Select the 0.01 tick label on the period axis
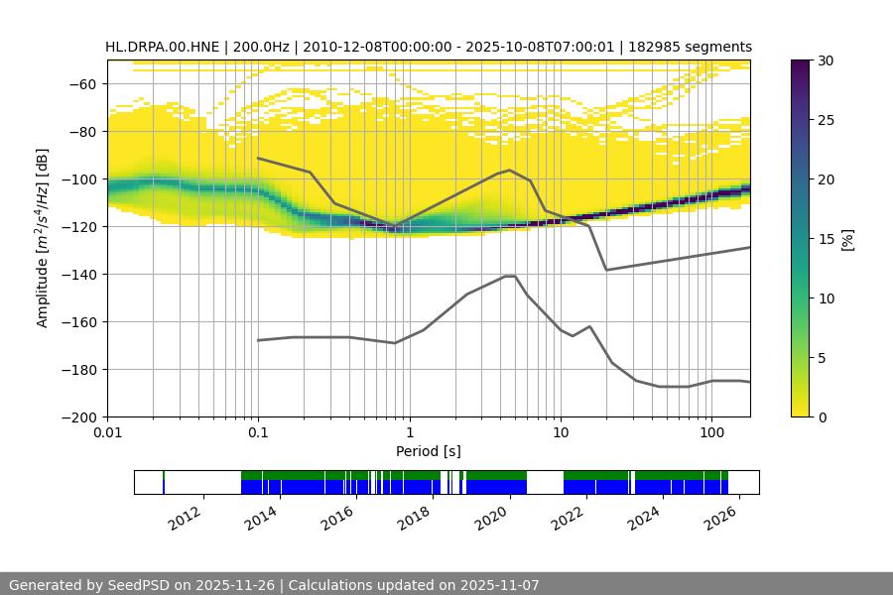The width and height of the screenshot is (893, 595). [x=107, y=433]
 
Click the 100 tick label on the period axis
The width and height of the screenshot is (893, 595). [x=710, y=433]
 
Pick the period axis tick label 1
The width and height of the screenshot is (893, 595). [x=409, y=433]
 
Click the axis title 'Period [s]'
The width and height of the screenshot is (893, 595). [x=429, y=452]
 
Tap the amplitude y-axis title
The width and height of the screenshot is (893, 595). [x=43, y=238]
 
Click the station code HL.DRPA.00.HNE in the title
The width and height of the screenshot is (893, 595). [x=164, y=47]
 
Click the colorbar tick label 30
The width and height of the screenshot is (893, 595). [x=824, y=60]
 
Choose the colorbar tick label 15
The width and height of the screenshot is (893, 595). [x=824, y=239]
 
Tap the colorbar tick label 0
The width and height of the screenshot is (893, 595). [x=820, y=417]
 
